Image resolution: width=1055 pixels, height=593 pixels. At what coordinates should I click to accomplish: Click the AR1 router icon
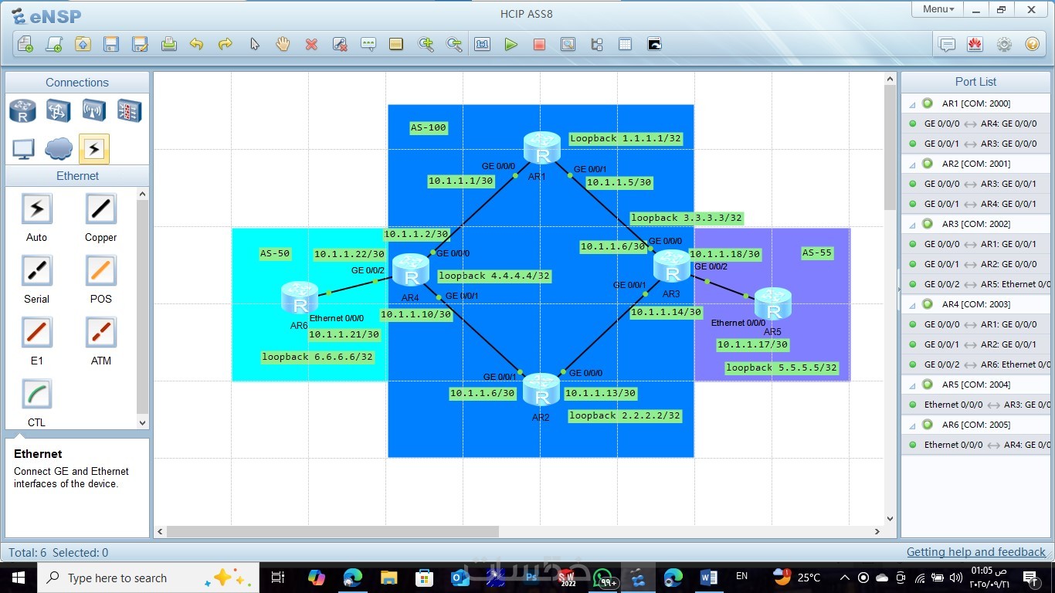pos(542,148)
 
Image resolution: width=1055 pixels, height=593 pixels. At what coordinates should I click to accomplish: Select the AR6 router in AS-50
pos(300,298)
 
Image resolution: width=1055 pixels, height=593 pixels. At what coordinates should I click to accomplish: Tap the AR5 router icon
pos(773,303)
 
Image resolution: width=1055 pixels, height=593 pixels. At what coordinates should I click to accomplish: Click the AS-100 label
pos(428,127)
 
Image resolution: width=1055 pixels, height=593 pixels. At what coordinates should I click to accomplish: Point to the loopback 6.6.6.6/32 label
pos(317,357)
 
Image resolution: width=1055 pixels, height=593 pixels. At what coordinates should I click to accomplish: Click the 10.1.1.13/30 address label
pos(601,393)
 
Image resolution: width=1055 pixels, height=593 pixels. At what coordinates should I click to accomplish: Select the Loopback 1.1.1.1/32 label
pos(626,138)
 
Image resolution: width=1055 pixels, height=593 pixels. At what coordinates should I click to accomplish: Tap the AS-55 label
pos(816,253)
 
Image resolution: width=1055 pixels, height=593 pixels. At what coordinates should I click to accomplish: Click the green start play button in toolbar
pos(511,45)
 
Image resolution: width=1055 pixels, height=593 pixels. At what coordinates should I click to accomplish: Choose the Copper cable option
pos(100,217)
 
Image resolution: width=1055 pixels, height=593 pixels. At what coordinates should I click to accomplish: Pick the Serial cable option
pos(37,279)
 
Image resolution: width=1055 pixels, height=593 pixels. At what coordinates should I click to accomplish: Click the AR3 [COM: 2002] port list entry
pos(976,224)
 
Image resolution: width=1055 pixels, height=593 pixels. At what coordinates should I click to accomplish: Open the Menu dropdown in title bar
pos(938,9)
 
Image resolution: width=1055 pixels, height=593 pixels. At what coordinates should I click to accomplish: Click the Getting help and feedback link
pos(976,552)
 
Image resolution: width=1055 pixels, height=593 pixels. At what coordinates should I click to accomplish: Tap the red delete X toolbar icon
pos(311,45)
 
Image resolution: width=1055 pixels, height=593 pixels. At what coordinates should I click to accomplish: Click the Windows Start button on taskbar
pos(19,578)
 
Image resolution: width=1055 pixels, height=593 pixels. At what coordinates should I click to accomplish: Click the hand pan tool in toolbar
pos(283,44)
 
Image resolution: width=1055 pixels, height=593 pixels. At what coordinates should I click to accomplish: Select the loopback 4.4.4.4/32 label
pos(494,276)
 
